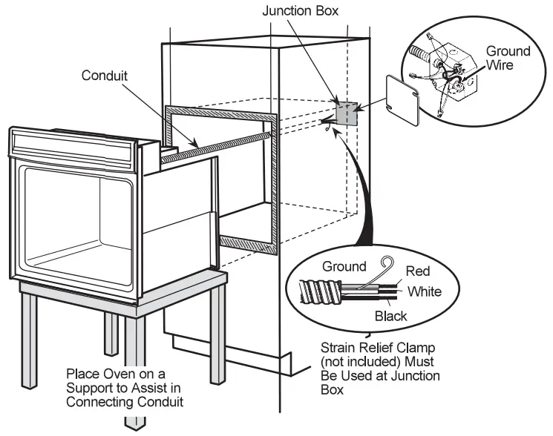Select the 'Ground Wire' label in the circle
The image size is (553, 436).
point(508,58)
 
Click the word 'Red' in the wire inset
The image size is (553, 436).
point(417,271)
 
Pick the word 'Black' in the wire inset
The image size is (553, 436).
point(390,316)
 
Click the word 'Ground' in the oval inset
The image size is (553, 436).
point(344,266)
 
